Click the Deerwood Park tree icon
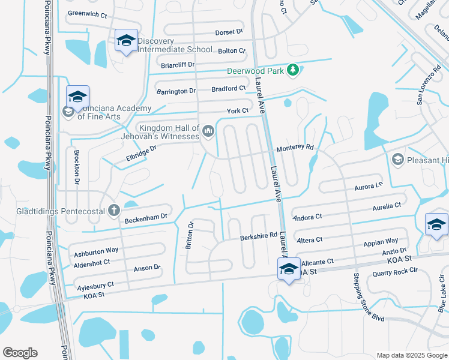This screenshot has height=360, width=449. point(292,71)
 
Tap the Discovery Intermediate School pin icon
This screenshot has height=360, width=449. point(126,41)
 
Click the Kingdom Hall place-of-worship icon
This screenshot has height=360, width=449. point(208,130)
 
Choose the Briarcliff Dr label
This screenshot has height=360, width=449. point(178,65)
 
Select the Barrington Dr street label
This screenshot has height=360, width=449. point(176,91)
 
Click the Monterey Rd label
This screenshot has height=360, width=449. point(295,147)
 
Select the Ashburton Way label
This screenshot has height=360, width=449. point(96,251)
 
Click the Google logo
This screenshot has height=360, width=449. point(20,353)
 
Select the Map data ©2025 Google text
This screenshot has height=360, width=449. point(411,355)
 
